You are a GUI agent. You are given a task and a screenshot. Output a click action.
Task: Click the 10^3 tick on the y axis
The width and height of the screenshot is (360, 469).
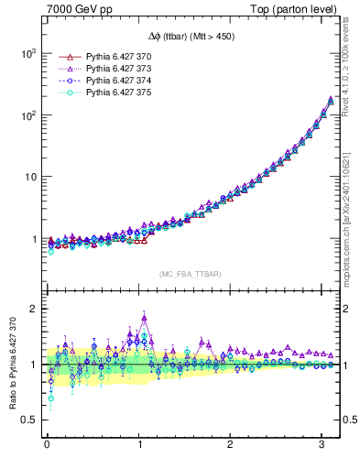27,54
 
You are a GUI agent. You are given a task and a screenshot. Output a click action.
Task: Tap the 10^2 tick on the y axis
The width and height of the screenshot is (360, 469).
27,115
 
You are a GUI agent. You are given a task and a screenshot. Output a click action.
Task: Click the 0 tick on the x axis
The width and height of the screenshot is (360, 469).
47,446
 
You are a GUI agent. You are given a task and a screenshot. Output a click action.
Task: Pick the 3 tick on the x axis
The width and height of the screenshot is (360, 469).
322,446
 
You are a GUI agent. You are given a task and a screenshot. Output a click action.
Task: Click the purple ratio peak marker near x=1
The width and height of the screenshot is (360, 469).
144,318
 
